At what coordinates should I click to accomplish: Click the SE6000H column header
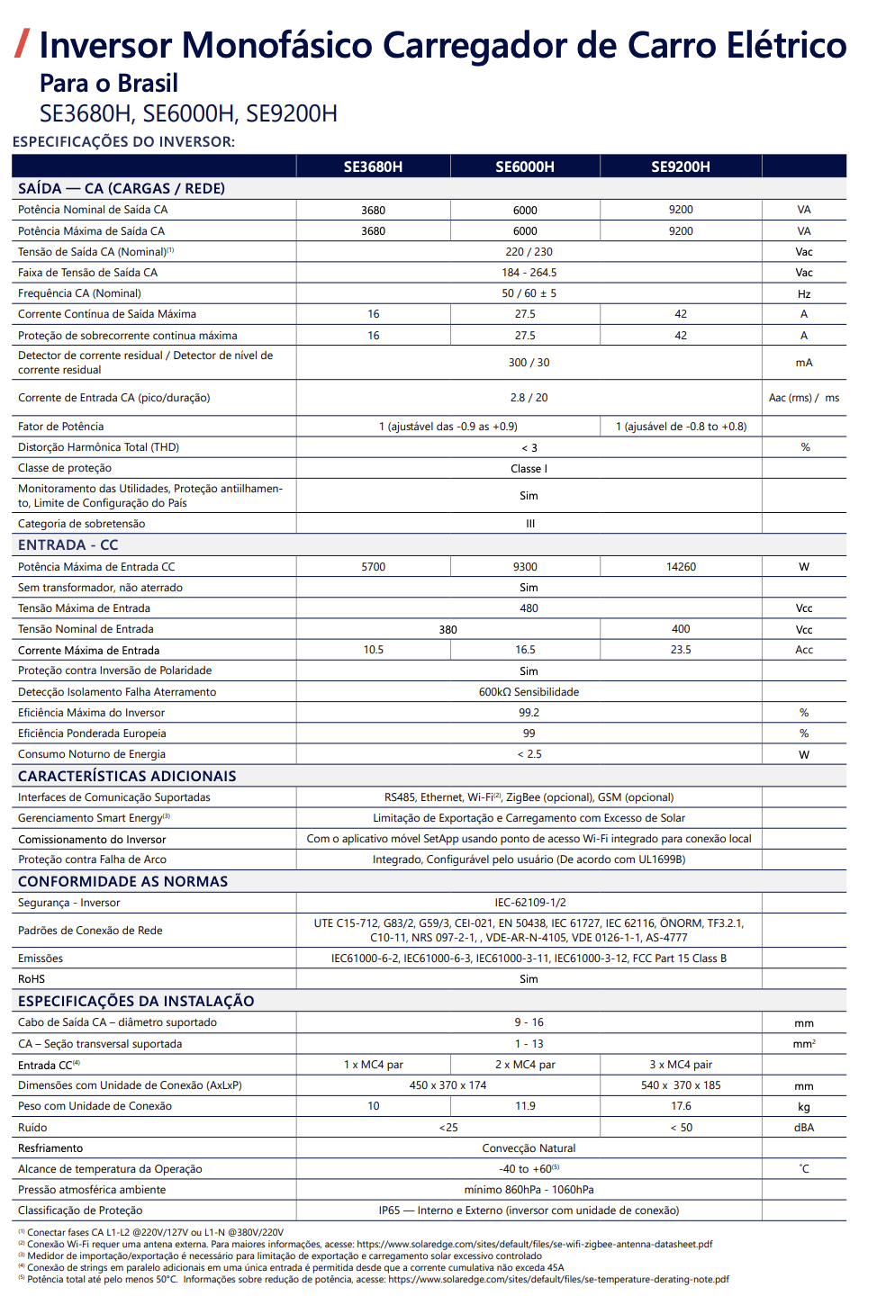click(x=525, y=166)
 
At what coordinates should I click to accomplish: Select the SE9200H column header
click(x=681, y=166)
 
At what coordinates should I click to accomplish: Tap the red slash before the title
click(x=23, y=43)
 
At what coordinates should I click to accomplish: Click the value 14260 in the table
click(x=681, y=567)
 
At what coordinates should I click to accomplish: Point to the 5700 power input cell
click(x=373, y=567)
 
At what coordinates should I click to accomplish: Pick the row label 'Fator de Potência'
click(x=60, y=427)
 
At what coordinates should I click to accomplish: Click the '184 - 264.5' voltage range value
click(x=529, y=273)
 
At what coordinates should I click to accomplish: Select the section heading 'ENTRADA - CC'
click(x=68, y=545)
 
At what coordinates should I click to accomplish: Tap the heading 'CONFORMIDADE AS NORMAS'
click(x=122, y=882)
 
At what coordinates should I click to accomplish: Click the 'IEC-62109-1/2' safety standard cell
click(x=529, y=903)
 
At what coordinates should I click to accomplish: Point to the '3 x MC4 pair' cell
click(x=681, y=1065)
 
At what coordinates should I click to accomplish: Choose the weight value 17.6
click(x=681, y=1106)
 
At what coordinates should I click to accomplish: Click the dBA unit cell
click(x=804, y=1128)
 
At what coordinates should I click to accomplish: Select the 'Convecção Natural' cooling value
click(x=529, y=1148)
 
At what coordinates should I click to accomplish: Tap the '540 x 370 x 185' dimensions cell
click(x=681, y=1085)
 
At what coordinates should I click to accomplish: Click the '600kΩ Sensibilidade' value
click(x=529, y=692)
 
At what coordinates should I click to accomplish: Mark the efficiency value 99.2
click(x=529, y=713)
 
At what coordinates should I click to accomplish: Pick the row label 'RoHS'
click(x=32, y=979)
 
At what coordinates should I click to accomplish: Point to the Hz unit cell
click(x=804, y=293)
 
